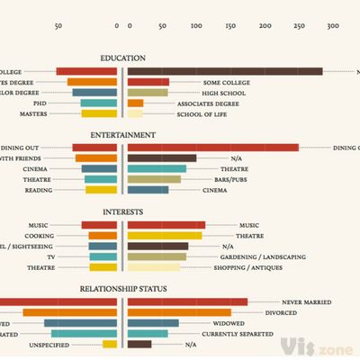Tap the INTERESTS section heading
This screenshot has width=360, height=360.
pos(123,212)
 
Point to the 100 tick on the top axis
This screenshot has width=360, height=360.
pos(196,26)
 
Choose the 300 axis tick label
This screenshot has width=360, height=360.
pos(332,26)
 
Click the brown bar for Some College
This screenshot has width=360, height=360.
pos(225,71)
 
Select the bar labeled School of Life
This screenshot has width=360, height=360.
pos(135,114)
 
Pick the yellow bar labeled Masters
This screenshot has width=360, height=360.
pos(99,114)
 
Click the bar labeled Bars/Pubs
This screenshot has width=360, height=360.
pos(154,179)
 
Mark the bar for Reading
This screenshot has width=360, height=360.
pos(101,190)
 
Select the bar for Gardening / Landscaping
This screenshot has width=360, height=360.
pos(157,256)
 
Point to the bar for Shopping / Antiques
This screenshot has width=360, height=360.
pos(154,267)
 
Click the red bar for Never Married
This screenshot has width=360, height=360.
pos(187,302)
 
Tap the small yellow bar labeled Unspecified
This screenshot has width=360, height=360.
pos(110,344)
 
